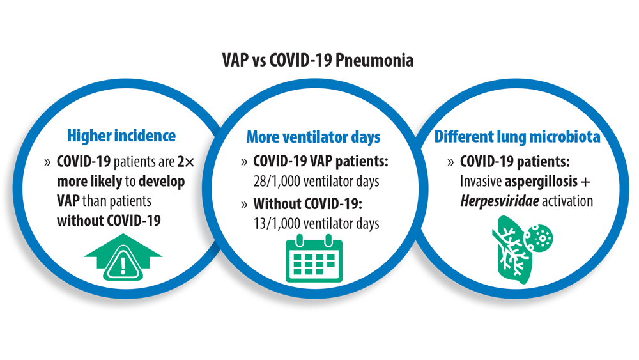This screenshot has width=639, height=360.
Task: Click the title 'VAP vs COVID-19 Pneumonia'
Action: point(318,60)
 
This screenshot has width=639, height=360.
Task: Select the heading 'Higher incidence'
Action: point(121,136)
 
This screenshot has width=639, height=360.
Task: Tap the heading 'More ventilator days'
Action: point(313,137)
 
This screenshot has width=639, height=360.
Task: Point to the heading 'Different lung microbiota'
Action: point(517,137)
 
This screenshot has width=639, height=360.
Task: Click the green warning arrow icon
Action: point(123,257)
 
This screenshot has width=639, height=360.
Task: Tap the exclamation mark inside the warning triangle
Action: point(123,265)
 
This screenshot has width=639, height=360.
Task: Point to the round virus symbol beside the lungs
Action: point(539,238)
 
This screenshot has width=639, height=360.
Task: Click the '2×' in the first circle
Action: point(186,162)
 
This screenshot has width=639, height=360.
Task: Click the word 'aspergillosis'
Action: point(541,182)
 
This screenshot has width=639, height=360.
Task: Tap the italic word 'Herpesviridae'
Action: point(500,201)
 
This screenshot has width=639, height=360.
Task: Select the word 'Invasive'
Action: point(481,182)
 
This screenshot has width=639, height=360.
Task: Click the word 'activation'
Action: point(567,201)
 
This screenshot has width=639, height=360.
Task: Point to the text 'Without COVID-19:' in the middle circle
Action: point(308,203)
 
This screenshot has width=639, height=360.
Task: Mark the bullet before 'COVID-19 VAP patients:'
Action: point(244,162)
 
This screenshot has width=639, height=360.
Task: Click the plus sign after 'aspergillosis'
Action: point(585,182)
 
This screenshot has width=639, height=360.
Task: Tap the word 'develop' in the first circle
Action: point(162,182)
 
